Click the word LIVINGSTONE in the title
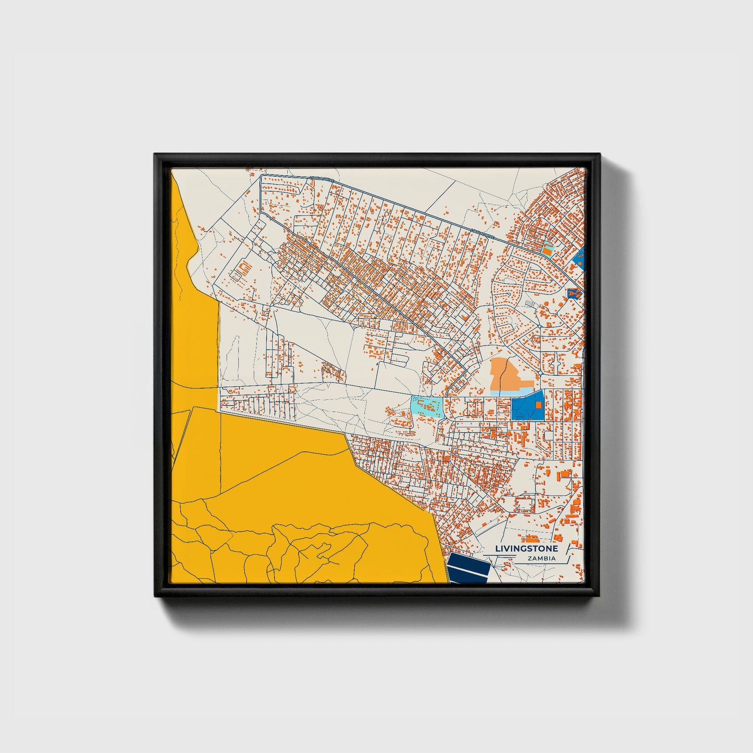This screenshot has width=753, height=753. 526,549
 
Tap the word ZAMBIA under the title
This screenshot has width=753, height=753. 541,559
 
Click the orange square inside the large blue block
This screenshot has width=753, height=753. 538,404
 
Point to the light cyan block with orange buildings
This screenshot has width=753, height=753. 427,406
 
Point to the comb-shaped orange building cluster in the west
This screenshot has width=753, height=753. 243,270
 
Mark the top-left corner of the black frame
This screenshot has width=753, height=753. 155,155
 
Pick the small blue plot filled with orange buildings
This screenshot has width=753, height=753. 573,294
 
